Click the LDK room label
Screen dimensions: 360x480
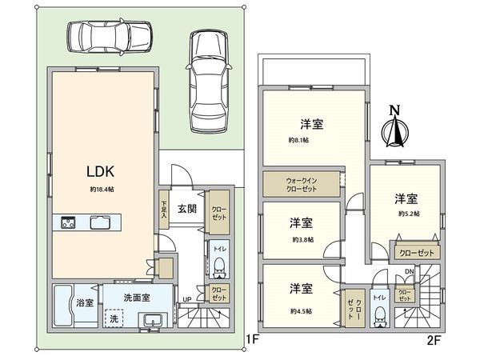coord(102,171)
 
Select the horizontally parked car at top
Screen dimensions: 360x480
coord(109,35)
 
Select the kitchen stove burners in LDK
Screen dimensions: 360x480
coord(64,222)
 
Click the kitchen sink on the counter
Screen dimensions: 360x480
coord(102,222)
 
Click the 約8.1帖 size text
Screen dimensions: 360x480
coord(299,140)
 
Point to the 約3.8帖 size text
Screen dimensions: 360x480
coord(301,238)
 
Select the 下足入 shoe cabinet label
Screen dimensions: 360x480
coord(163,210)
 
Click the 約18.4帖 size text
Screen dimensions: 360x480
coord(102,190)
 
